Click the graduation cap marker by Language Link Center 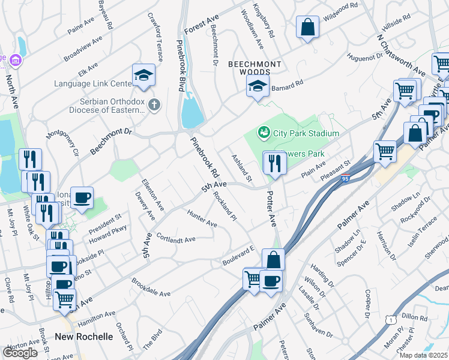(144, 75)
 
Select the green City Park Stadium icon (262, 132)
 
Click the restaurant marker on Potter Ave (275, 162)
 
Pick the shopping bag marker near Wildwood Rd (307, 27)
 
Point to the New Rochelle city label (83, 337)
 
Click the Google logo (20, 352)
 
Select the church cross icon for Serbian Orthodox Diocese (154, 106)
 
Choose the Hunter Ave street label (202, 218)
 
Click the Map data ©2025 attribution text (423, 355)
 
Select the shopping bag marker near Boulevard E (273, 260)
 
